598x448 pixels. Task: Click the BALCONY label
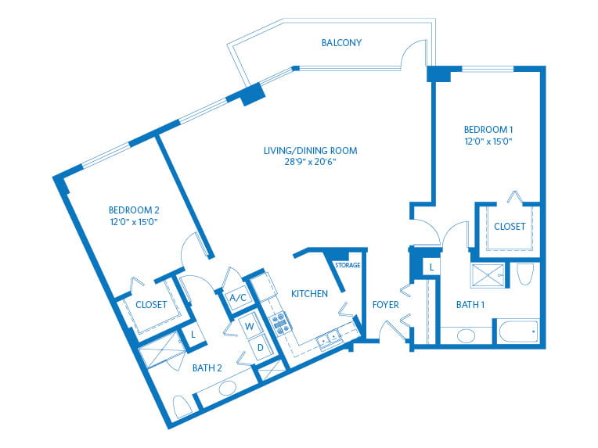pos(341,43)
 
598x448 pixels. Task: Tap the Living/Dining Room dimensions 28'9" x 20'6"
pos(310,162)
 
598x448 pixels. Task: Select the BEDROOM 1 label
pos(488,130)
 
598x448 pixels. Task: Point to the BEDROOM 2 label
pos(134,210)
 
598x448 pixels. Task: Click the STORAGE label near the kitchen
pos(348,265)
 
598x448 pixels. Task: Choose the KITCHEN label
pos(309,294)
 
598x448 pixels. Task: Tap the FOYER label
pos(386,305)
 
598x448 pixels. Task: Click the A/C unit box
pos(239,298)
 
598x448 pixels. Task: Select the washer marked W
pos(250,326)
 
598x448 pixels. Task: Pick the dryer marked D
pos(261,347)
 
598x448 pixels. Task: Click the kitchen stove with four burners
pos(279,324)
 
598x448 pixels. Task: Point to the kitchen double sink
pos(329,339)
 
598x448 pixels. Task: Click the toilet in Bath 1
pos(525,274)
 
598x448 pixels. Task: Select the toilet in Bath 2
pos(182,407)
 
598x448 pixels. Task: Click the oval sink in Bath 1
pos(466,336)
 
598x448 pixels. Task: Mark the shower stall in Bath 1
pos(488,275)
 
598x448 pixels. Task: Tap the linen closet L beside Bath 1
pos(431,267)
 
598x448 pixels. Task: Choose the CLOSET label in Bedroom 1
pos(510,227)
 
